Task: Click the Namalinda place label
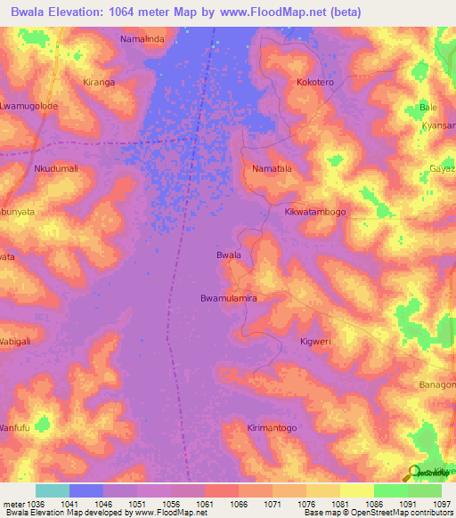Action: [143, 40]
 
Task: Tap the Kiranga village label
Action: [99, 82]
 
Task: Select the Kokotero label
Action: [314, 82]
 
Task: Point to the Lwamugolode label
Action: [28, 106]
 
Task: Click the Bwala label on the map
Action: [229, 255]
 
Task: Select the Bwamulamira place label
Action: [229, 298]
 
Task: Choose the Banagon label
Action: [437, 384]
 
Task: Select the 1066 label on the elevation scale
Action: [238, 502]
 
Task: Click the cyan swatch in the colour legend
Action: [53, 490]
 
